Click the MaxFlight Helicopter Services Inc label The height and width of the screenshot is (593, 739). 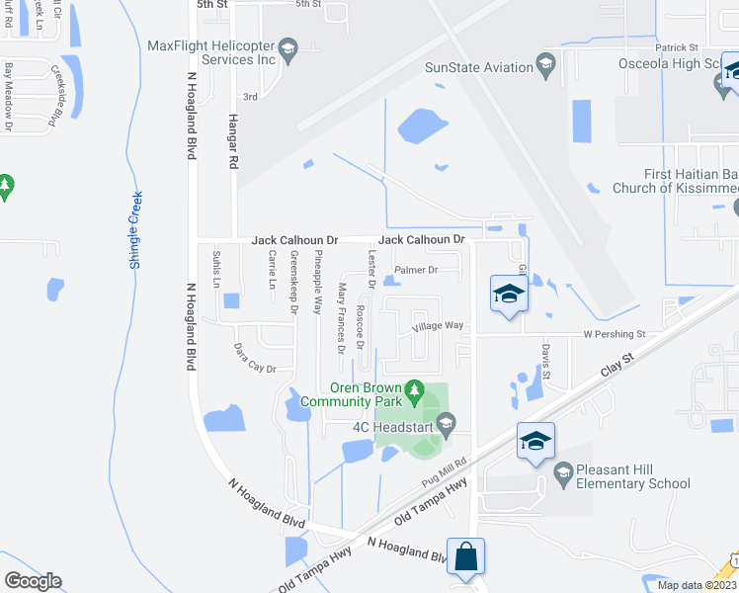[210, 52]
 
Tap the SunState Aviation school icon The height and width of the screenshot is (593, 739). [544, 67]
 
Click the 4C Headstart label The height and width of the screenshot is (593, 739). [394, 427]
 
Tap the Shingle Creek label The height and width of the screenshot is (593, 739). [135, 229]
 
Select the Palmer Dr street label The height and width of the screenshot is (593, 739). [415, 270]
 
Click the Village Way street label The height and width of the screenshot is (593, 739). [438, 325]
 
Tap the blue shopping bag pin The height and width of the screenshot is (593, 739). [464, 555]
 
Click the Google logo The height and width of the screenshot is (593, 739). [33, 581]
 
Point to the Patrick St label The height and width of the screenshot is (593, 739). [677, 47]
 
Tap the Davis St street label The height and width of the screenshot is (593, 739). [544, 365]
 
